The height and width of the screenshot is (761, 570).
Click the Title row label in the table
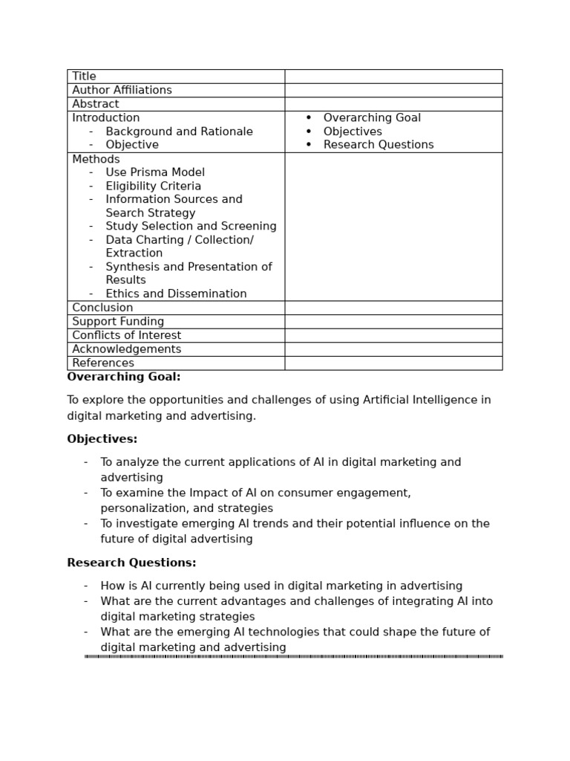[x=84, y=77]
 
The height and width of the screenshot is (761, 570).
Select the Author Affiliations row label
[x=122, y=90]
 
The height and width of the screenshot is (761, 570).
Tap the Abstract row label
[x=95, y=104]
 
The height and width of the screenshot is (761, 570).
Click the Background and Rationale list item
[x=179, y=132]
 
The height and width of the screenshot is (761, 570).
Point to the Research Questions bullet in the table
[x=379, y=145]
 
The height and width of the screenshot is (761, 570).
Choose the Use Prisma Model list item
[x=155, y=172]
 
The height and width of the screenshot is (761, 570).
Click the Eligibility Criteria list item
[x=153, y=186]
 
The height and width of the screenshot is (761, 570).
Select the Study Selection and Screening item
[x=191, y=226]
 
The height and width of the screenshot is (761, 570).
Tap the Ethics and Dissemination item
[x=176, y=294]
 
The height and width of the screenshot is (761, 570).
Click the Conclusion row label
[x=102, y=308]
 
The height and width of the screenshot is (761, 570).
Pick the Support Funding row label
[x=118, y=322]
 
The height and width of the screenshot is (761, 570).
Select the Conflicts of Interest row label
[x=126, y=335]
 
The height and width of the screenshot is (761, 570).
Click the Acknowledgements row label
[x=126, y=349]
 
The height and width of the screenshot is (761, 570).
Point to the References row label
[x=103, y=363]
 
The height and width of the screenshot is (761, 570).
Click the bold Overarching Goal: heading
[x=124, y=377]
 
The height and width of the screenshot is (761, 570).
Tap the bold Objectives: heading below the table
[x=102, y=439]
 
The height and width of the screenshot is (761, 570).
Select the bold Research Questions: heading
[x=131, y=563]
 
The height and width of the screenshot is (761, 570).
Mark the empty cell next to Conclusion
[x=393, y=308]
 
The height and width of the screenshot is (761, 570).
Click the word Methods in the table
[x=96, y=159]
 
